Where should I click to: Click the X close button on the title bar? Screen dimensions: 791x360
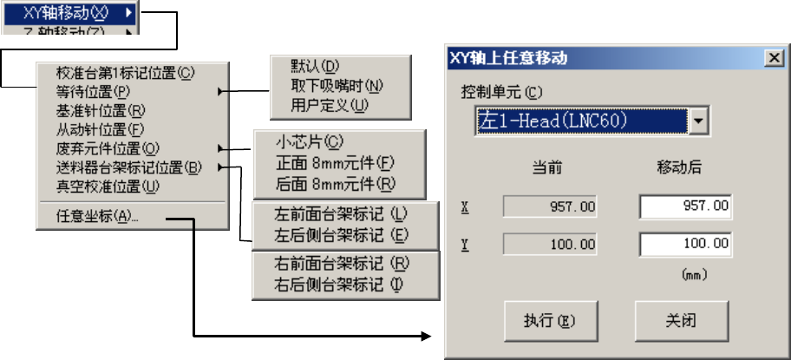pos(772,59)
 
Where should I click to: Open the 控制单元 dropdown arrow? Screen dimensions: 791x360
pos(698,121)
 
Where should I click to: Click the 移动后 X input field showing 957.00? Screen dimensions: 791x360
pos(685,207)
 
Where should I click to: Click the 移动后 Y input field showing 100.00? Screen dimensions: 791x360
pos(685,244)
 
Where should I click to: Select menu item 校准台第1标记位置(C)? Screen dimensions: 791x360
pos(126,75)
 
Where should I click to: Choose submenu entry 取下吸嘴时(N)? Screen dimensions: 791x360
pos(337,86)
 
